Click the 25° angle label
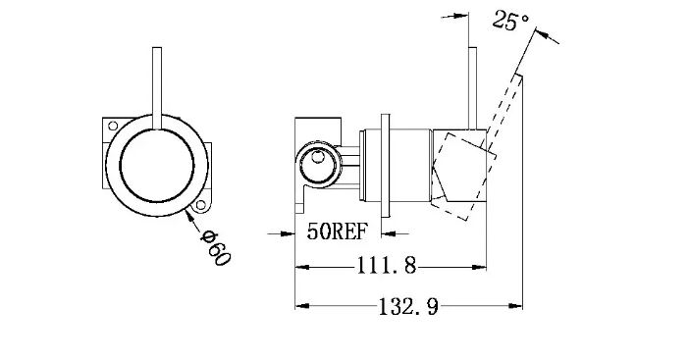point(509,21)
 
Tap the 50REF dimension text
point(337,231)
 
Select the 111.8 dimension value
point(387,266)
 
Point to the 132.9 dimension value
point(408,306)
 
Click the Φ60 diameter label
point(215,248)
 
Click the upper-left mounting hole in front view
point(113,126)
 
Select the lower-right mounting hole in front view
point(201,205)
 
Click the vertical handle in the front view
point(157,88)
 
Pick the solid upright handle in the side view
point(473,88)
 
